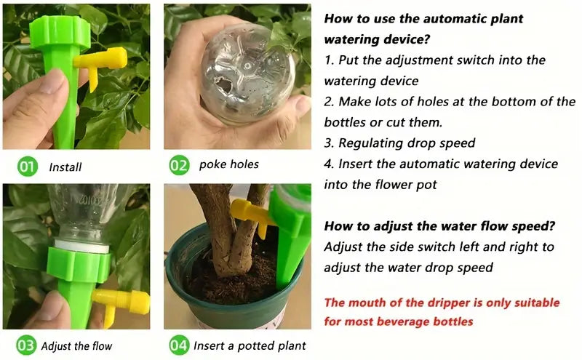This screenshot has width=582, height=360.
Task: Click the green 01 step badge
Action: pos(28,167)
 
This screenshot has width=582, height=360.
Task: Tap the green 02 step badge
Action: pos(179,165)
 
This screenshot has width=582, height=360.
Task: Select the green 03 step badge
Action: pos(26,345)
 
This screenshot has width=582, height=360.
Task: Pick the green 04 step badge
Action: pos(179,345)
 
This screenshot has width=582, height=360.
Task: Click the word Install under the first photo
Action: pos(65,167)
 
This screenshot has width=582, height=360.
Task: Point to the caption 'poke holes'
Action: pos(229,164)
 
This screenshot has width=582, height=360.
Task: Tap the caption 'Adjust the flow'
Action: pos(77,346)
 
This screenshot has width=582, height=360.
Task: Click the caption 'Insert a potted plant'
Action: pos(250,346)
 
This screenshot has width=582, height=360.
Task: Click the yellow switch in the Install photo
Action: pos(100,64)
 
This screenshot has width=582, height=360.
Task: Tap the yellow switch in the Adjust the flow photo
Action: pos(121,303)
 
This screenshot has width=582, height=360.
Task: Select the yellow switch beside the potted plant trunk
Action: pos(250,215)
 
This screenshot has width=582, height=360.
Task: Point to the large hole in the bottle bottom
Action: pos(225,86)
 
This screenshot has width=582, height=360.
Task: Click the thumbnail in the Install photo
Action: pos(52,81)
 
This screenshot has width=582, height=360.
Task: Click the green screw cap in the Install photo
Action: pos(60,33)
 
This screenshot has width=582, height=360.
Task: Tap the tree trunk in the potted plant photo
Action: pos(229,229)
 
